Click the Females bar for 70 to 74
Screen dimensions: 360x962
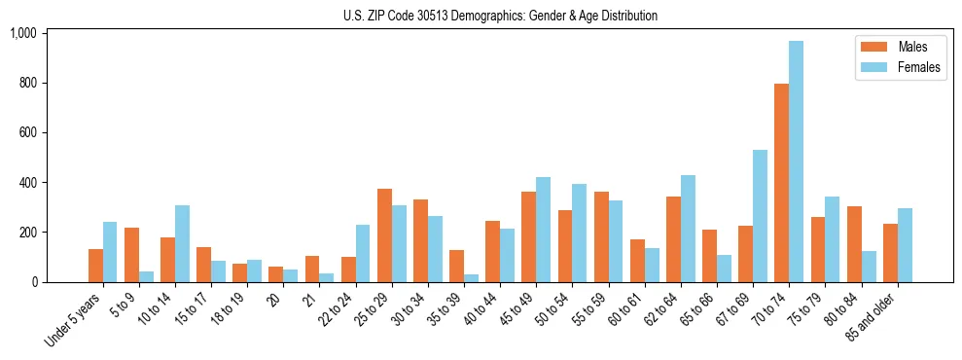[797, 162]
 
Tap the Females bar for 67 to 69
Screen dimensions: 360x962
[760, 216]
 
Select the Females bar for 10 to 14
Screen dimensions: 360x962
[182, 243]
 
